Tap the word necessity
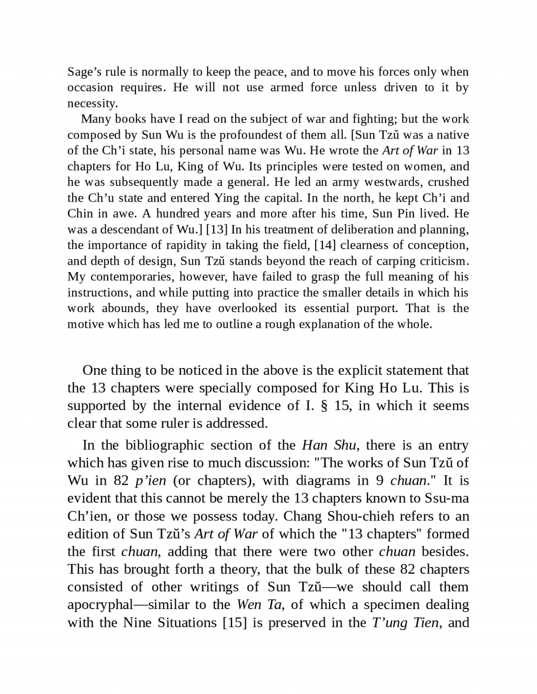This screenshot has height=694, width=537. (93, 104)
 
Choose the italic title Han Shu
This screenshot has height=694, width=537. (329, 445)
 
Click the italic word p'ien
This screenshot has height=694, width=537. (150, 481)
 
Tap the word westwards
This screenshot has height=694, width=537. (392, 182)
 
